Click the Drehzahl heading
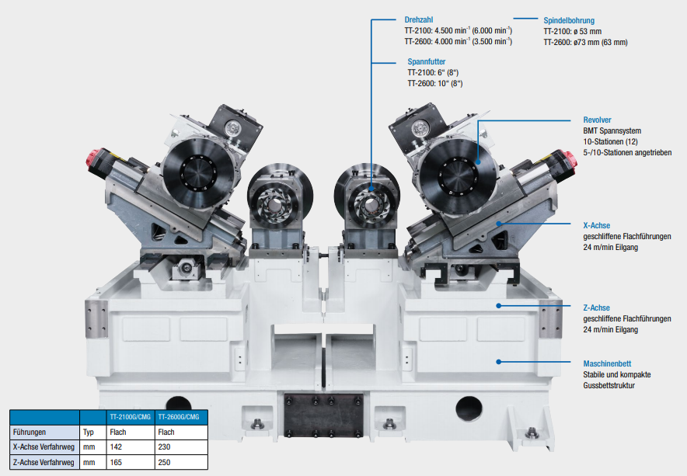[418, 19]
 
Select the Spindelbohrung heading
[569, 21]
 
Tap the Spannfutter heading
[427, 62]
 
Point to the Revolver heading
[597, 120]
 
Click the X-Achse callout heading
[596, 225]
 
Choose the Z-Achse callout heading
[596, 307]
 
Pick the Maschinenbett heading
[607, 364]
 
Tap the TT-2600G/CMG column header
[179, 417]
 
